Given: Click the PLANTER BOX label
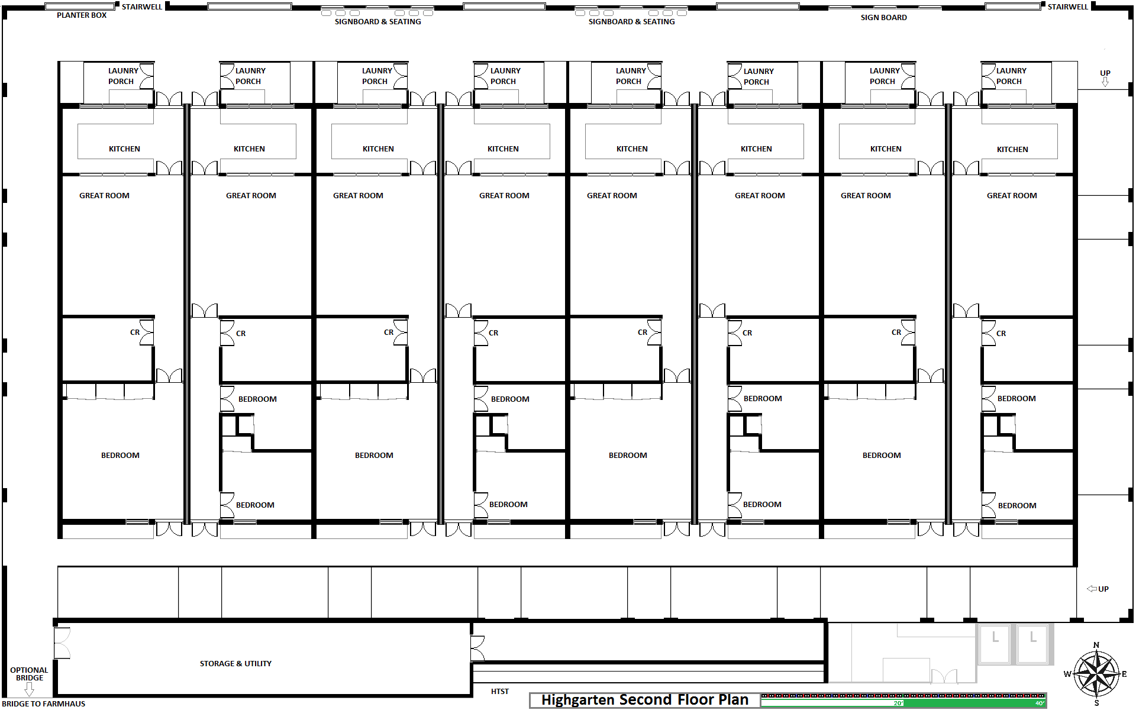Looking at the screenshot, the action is click(82, 15).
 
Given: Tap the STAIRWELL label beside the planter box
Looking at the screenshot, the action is click(142, 7).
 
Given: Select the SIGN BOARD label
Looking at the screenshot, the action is click(883, 18).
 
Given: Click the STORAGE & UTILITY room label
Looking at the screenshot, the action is click(235, 664).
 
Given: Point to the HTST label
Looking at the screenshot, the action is click(500, 691).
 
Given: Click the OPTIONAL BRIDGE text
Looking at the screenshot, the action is click(29, 674).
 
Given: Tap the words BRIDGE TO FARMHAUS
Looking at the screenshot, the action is click(44, 703).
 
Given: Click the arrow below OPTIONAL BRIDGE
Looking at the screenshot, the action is click(29, 689).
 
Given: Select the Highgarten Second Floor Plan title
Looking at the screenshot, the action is click(645, 700).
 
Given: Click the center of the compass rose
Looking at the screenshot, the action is click(1096, 673).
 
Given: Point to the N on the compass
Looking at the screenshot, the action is click(1096, 645).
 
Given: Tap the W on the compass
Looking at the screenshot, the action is click(1067, 674).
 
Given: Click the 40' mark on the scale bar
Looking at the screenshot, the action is click(1040, 703).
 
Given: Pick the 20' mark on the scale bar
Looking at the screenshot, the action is click(898, 703).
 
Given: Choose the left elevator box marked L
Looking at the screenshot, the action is click(995, 644).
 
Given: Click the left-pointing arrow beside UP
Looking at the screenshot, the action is click(1092, 589).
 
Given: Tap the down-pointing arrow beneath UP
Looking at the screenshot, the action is click(1105, 82).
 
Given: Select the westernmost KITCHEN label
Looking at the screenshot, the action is click(124, 149).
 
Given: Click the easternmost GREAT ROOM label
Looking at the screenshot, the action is click(1012, 196).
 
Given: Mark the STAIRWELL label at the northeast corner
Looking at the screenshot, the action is click(1068, 7).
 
